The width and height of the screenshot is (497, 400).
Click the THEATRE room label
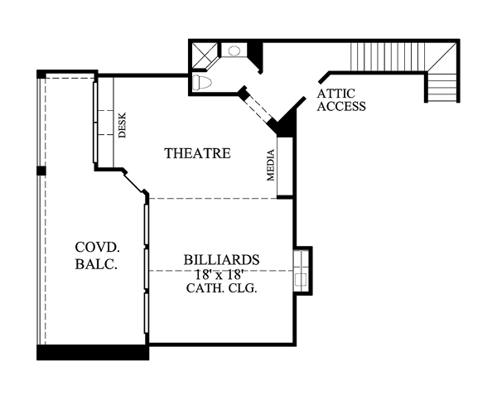tap(197, 153)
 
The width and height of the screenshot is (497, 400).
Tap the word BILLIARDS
tap(221, 260)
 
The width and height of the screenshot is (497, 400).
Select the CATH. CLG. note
tap(221, 288)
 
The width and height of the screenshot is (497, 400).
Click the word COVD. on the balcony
tap(97, 248)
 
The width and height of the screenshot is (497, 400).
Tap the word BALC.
tap(96, 264)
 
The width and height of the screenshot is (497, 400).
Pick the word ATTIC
tap(335, 94)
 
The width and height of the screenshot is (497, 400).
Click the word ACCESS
tap(341, 107)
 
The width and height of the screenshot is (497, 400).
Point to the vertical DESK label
tap(122, 125)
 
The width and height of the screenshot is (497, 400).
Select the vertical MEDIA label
tap(270, 165)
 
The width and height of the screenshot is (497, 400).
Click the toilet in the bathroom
tap(202, 83)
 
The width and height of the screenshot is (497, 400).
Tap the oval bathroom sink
tap(234, 51)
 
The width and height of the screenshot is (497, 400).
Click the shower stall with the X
tap(205, 55)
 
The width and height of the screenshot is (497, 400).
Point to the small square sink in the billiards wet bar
tap(301, 280)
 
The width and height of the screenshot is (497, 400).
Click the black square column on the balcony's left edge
tap(41, 171)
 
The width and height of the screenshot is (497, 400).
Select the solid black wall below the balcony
tap(93, 353)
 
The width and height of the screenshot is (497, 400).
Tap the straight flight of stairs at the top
tap(388, 57)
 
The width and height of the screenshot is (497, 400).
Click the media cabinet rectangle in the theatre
tap(285, 166)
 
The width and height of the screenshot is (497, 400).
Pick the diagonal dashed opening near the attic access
tap(258, 107)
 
